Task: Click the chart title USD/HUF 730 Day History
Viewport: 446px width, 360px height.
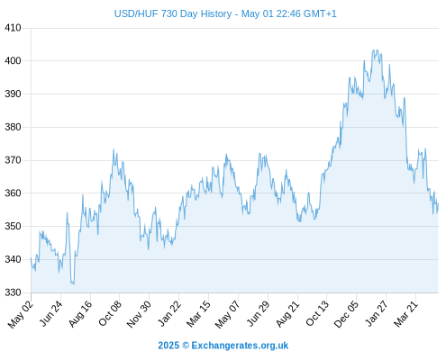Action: pos(173,13)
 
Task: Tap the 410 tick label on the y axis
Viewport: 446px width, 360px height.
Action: pos(13,28)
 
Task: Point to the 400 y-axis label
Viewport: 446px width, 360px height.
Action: pos(13,61)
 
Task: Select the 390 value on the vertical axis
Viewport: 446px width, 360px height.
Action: pos(13,94)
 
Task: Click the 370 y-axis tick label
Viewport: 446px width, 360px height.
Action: pos(13,160)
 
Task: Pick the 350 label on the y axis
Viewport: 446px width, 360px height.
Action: pos(13,226)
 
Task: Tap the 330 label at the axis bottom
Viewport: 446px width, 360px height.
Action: pos(13,292)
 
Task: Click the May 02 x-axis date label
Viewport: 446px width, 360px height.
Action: pos(21,314)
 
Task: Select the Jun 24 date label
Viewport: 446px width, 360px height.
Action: pos(50,314)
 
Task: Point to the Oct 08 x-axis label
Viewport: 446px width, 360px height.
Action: pos(110,313)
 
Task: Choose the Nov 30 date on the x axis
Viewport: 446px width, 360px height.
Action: pos(139,314)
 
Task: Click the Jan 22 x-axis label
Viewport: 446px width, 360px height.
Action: pos(169,313)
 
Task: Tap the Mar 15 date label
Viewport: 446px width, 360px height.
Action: pos(198,313)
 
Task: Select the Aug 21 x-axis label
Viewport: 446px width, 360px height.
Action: pos(287,313)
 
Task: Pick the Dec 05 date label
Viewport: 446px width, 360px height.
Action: pos(346,314)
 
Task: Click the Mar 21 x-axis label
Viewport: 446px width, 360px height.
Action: pos(405,313)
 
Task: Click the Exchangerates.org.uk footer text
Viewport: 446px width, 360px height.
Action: pos(240,346)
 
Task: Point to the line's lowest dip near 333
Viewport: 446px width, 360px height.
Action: pos(73,283)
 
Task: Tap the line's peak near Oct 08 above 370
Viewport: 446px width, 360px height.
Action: pos(114,149)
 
